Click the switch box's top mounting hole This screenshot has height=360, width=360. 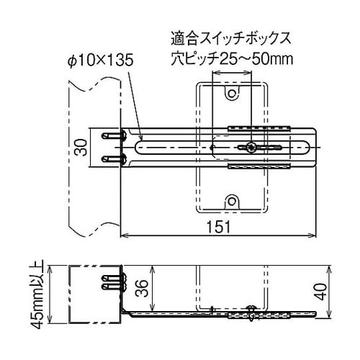click(x=231, y=94)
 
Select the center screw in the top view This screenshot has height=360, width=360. click(x=251, y=148)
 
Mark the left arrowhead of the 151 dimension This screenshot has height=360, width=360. click(x=123, y=235)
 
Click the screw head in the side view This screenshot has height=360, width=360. click(x=251, y=308)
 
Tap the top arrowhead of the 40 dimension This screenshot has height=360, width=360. click(x=330, y=268)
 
